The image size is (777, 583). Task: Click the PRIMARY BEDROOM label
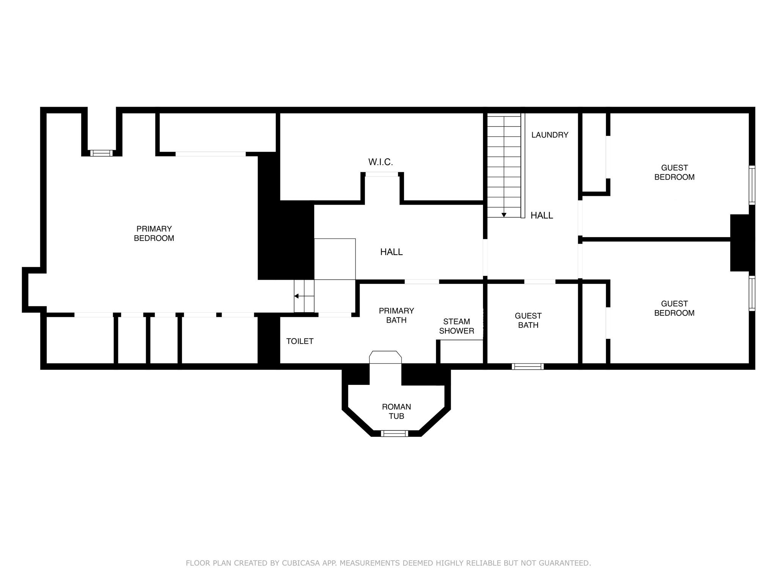(154, 233)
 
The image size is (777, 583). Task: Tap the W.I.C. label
(381, 162)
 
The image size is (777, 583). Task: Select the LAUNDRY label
(550, 135)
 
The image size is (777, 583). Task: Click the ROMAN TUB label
(396, 411)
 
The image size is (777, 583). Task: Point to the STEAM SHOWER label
(457, 326)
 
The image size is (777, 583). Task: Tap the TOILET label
(300, 341)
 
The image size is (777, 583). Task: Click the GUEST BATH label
(528, 320)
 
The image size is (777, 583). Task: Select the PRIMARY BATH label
(396, 315)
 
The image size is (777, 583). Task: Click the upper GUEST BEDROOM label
(675, 172)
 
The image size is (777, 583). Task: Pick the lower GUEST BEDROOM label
(675, 308)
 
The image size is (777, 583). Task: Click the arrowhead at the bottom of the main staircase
(504, 215)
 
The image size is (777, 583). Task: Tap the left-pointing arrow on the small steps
(304, 296)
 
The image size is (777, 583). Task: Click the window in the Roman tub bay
(395, 433)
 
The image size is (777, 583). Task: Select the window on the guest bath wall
(528, 367)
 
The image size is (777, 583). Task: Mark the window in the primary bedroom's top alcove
(101, 153)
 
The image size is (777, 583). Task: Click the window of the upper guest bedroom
(752, 185)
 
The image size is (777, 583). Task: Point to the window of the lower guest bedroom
(752, 294)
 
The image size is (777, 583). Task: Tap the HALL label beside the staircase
(542, 216)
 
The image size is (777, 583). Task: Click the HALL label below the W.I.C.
(392, 252)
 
